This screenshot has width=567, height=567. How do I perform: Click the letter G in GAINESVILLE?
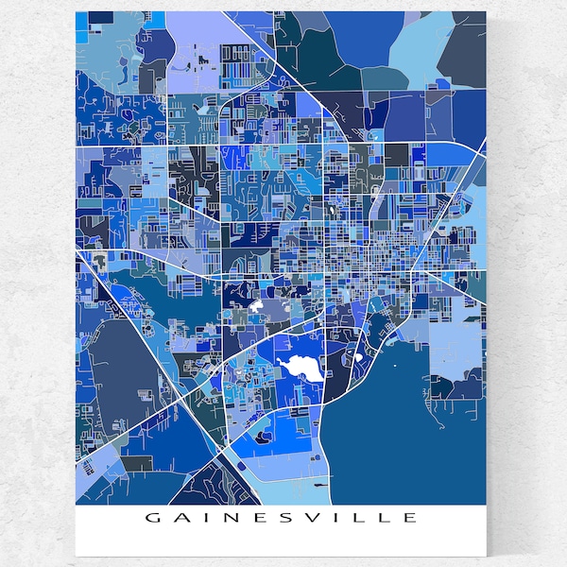click(x=151, y=517)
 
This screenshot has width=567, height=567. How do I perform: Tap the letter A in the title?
click(x=179, y=517)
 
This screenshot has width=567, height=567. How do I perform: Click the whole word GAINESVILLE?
click(x=281, y=517)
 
